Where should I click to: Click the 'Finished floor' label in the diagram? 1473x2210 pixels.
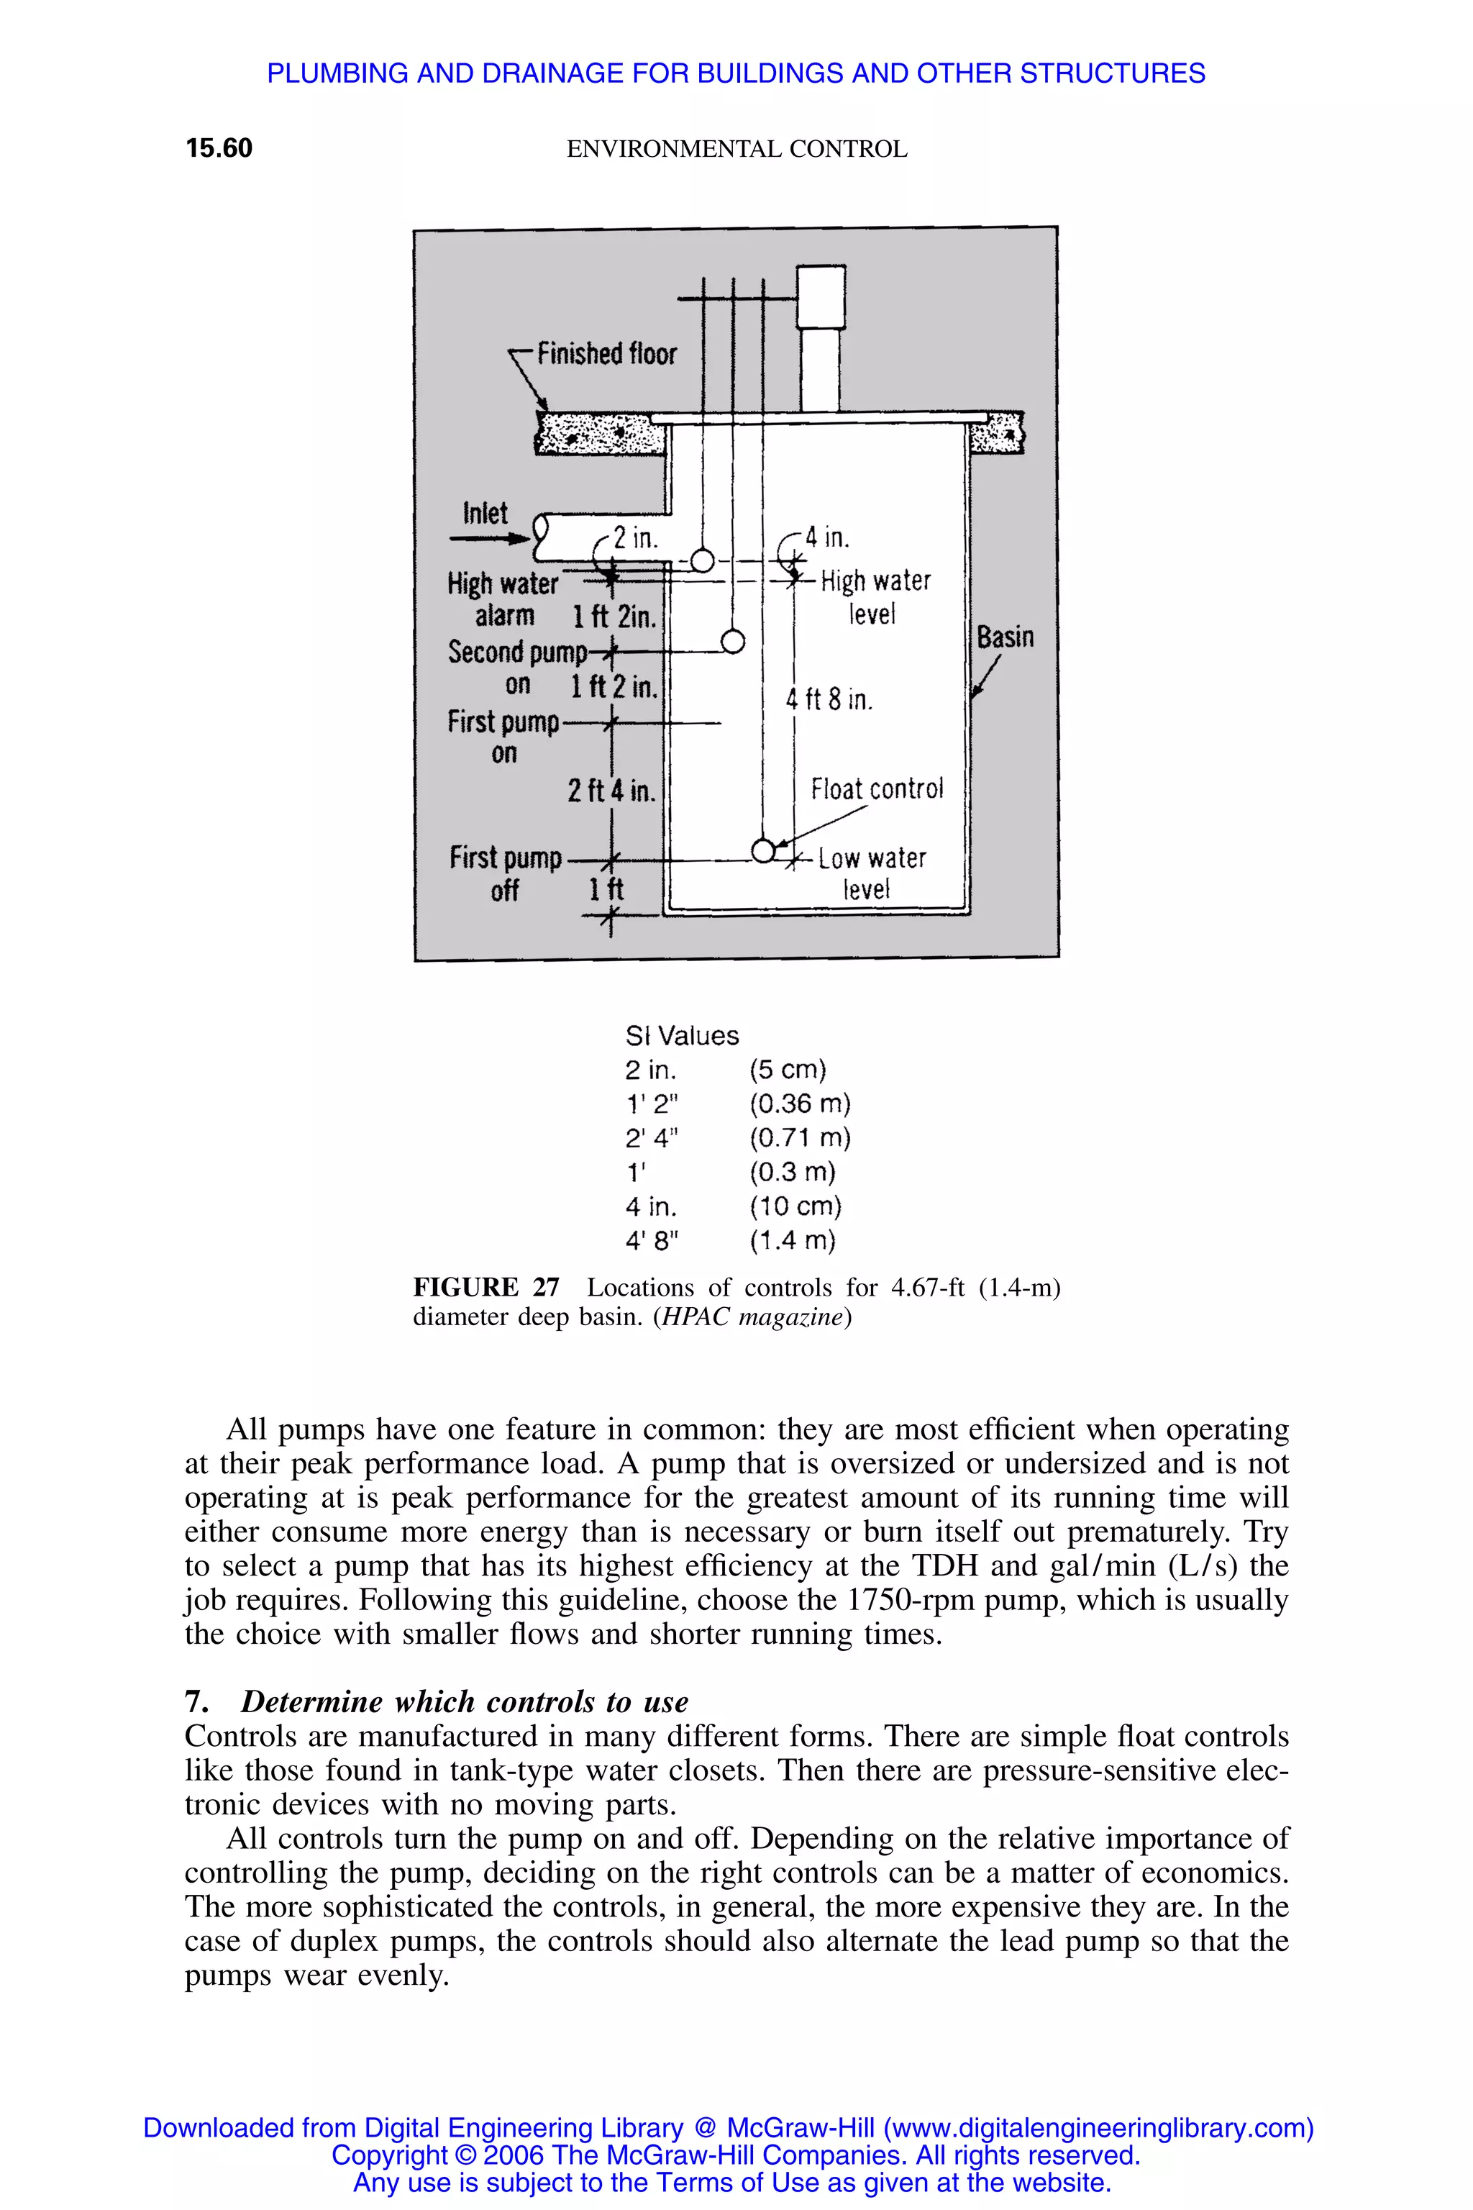point(606,354)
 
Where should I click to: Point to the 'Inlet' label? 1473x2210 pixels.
point(485,513)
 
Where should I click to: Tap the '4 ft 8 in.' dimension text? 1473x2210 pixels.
point(829,699)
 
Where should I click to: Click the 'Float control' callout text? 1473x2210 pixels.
point(877,788)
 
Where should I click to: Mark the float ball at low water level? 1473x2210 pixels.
point(764,850)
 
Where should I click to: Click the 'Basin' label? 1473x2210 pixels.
point(1004,637)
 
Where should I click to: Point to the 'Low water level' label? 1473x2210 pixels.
point(871,872)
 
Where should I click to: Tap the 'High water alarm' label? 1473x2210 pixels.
point(503,599)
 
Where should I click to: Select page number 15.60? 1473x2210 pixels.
point(219,148)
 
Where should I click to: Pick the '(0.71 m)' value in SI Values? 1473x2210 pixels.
point(800,1138)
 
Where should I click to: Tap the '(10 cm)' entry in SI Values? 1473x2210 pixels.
point(795,1206)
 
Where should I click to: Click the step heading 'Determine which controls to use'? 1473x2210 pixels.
point(464,1701)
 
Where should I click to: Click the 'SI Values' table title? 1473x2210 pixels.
point(682,1035)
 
